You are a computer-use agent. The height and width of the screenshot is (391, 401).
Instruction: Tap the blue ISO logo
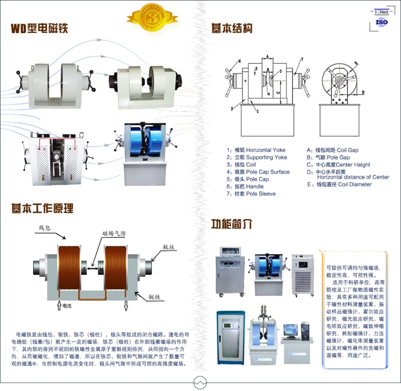[x=381, y=23]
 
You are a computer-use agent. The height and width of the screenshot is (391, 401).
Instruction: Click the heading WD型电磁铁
[x=40, y=28]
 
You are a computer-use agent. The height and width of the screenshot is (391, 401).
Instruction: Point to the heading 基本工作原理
[x=43, y=208]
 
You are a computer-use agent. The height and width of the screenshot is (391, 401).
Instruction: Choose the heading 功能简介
[x=231, y=223]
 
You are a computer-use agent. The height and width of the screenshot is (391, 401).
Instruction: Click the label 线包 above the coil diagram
[x=45, y=228]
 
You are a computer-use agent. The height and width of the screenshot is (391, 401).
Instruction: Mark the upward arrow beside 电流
[x=59, y=306]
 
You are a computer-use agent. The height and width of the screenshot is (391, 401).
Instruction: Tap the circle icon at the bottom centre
[x=200, y=382]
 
